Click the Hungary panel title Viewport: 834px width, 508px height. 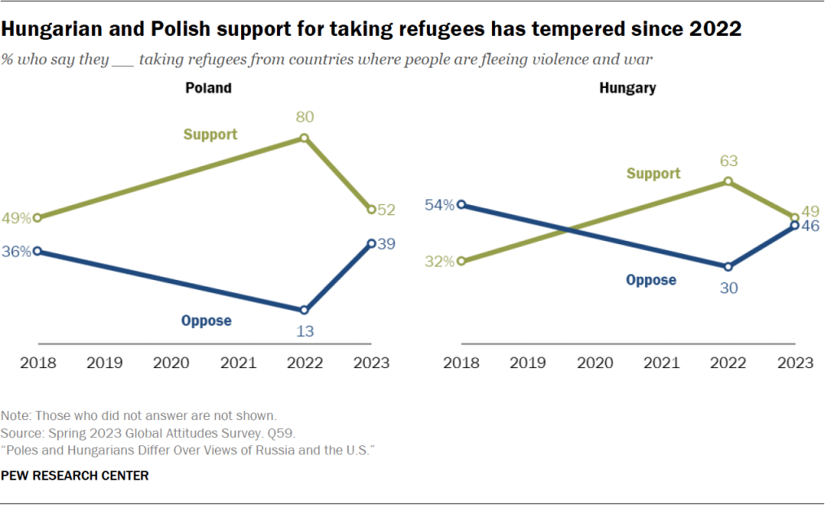(627, 88)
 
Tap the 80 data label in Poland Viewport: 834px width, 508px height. (305, 117)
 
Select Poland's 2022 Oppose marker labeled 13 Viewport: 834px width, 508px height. (305, 310)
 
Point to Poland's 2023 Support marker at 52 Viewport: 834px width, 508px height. (371, 209)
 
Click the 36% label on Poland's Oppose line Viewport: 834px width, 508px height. (16, 252)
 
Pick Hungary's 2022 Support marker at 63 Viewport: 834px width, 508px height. (728, 182)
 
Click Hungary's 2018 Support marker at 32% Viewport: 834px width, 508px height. (461, 261)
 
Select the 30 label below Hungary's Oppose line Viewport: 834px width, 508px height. (728, 287)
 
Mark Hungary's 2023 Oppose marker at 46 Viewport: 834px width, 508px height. (796, 226)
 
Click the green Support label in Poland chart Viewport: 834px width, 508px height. (210, 134)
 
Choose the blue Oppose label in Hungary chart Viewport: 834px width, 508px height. (651, 280)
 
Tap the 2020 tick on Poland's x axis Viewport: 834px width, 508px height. (170, 362)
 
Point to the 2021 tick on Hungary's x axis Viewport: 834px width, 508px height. (661, 362)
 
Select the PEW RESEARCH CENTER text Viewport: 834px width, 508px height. (75, 475)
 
